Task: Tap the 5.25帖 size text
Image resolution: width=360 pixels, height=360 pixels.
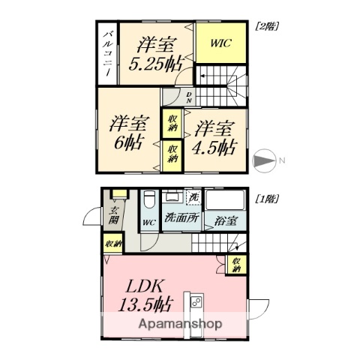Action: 153,64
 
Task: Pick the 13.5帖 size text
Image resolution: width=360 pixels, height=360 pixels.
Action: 145,304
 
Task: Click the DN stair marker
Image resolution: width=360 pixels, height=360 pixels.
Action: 189,97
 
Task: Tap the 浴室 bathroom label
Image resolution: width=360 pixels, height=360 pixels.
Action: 226,221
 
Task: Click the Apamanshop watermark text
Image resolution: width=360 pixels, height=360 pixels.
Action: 181,324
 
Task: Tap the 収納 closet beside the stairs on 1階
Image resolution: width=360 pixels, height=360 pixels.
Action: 236,264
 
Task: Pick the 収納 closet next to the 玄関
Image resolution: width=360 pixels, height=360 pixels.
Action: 112,244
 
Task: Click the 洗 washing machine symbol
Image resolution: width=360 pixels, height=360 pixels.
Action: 193,199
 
